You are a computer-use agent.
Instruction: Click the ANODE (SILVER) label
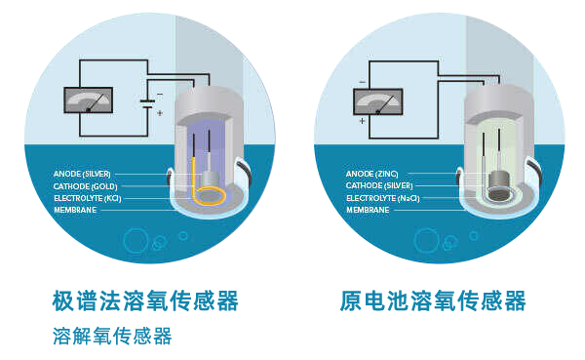click(x=82, y=174)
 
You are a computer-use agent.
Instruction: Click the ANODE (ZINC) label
click(x=371, y=174)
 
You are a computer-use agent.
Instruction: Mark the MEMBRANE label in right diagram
click(x=368, y=209)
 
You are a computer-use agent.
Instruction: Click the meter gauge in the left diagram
click(x=87, y=100)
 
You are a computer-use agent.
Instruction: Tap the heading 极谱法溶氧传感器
click(x=145, y=300)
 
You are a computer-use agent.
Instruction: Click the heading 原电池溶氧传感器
click(x=433, y=300)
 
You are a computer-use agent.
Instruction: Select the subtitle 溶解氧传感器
click(x=112, y=337)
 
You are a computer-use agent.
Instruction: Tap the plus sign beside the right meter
click(x=362, y=122)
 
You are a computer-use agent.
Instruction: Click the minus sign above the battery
click(x=159, y=95)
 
